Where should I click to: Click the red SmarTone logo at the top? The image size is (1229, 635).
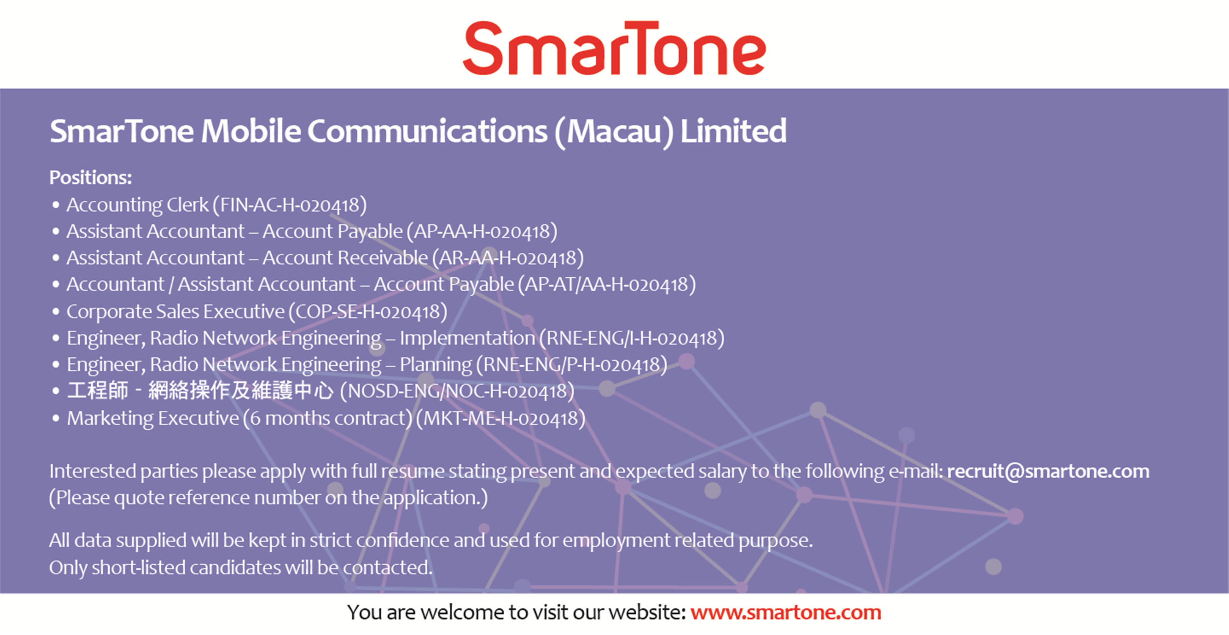point(614,48)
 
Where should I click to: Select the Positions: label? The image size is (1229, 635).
point(91,178)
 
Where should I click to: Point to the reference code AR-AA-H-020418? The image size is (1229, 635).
point(508,258)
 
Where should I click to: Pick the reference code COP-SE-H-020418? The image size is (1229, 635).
point(368,312)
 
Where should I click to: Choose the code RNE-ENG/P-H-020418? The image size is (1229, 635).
point(572,365)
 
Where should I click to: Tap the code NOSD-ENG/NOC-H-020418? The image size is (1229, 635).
point(457,392)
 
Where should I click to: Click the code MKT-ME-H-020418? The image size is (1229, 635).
point(500,419)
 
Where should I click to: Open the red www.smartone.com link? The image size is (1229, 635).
point(786,613)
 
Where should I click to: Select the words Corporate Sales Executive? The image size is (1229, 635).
point(176,312)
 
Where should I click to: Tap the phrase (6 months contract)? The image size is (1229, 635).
point(327,419)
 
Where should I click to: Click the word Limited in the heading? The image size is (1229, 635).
point(733,131)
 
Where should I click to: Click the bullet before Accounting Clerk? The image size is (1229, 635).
point(56,205)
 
